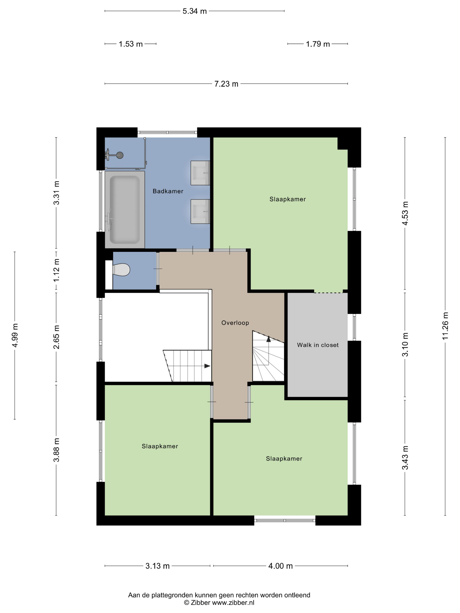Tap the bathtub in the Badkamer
125,210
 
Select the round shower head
120,155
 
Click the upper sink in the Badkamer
200,173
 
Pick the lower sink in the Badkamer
200,211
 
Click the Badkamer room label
168,191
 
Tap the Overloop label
235,323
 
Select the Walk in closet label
318,345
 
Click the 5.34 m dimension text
195,11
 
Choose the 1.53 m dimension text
131,44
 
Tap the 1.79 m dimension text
318,44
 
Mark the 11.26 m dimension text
445,326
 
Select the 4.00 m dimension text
280,566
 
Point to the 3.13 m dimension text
157,566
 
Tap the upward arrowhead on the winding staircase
268,339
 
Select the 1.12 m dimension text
57,270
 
